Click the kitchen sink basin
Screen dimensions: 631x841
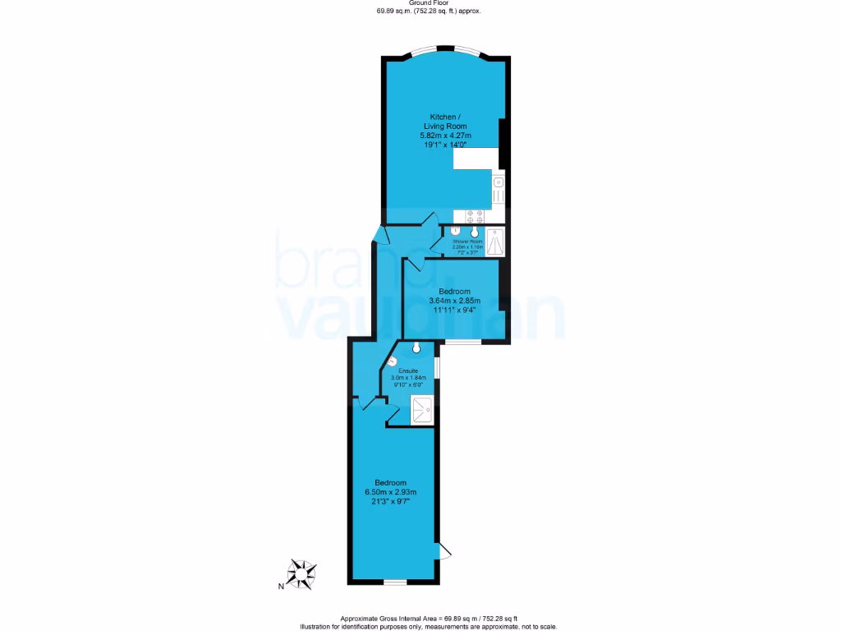point(498,182)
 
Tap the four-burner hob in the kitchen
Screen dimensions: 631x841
point(475,216)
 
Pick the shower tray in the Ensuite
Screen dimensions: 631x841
point(422,409)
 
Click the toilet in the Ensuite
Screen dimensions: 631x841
point(393,361)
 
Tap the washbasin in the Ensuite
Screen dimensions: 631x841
point(417,348)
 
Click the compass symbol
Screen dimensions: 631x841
point(303,574)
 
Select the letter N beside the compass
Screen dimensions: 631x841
point(281,586)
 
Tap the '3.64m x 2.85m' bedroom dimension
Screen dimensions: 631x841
point(454,301)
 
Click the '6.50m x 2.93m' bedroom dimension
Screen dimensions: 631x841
point(391,491)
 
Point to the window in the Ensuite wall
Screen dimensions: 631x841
point(436,367)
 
